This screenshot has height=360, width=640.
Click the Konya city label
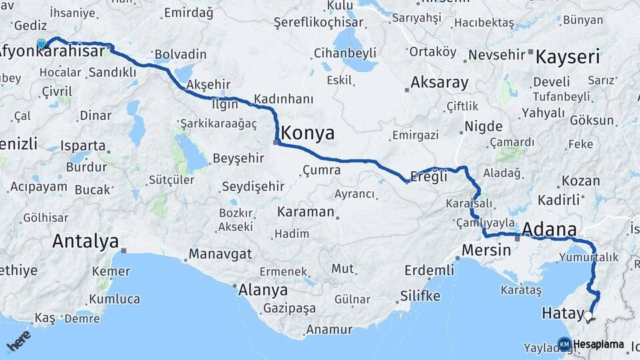point(307,133)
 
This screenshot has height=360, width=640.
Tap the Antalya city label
point(85,241)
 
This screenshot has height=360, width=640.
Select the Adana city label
point(550,230)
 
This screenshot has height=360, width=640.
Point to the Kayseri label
point(568,56)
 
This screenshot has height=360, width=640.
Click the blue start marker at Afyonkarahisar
point(41,44)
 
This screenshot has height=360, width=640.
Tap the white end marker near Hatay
point(588,315)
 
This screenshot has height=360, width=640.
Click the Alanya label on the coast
point(263,290)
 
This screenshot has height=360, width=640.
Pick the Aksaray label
point(439,83)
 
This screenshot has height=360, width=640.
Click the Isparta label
point(83,145)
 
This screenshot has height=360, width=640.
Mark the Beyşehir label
point(238,159)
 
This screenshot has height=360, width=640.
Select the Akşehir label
point(208,85)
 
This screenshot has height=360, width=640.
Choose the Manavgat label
point(220,254)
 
